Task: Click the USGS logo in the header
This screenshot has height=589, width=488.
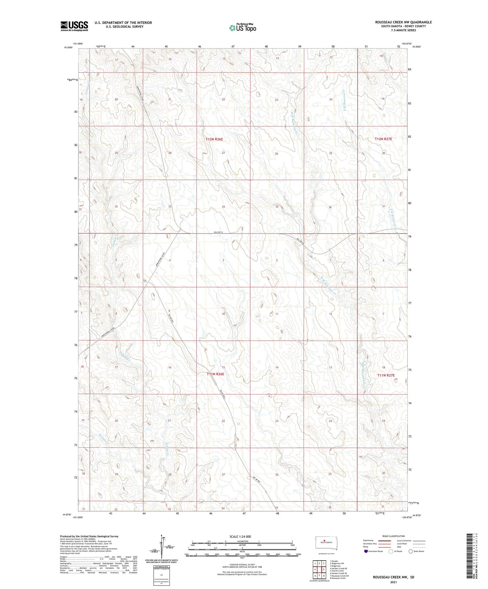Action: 74,26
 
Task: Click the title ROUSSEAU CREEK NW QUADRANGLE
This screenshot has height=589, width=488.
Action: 403,22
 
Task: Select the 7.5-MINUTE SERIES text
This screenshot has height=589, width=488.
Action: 403,30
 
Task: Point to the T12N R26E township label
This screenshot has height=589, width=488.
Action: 215,139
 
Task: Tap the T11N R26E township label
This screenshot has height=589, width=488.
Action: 215,374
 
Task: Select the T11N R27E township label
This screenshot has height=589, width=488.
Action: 386,375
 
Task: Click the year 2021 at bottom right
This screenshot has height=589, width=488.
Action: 393,582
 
